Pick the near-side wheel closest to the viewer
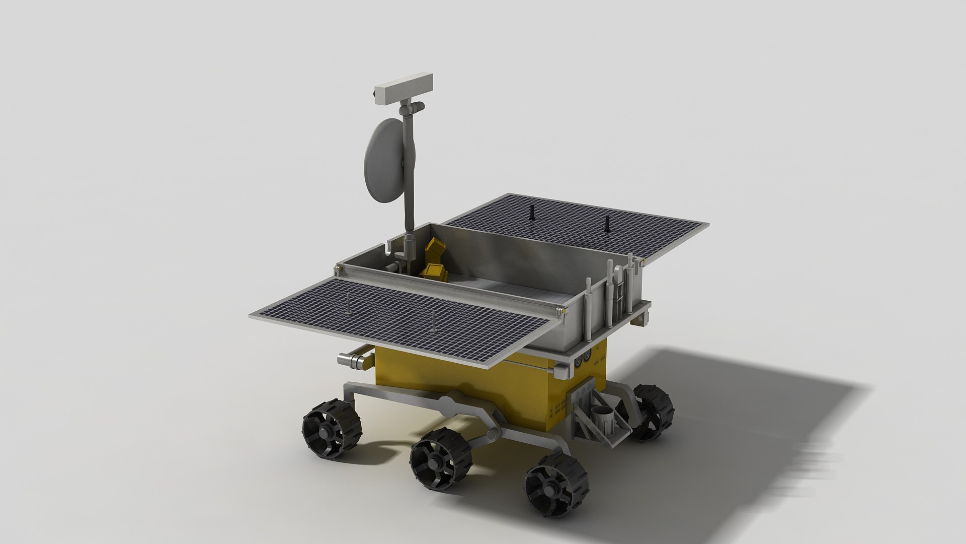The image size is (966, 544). (556, 487)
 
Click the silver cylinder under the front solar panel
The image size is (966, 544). (352, 360)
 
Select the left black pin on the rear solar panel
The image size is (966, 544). (531, 213)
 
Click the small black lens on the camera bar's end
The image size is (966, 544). (376, 94)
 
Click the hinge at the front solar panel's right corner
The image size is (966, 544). (561, 312)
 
